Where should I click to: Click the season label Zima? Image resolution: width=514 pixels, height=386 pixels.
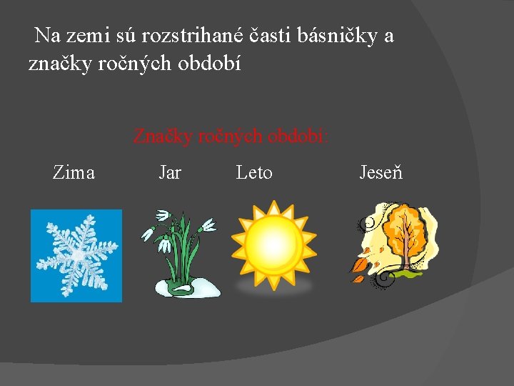[x=74, y=172]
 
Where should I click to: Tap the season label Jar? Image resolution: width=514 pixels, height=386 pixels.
[x=169, y=172]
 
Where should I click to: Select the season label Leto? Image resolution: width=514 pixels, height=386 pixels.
[x=254, y=172]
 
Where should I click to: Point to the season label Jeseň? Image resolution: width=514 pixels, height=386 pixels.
[x=381, y=172]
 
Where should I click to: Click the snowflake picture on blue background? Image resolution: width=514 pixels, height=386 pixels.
[x=76, y=255]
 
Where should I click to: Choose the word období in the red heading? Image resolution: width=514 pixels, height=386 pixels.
[x=297, y=135]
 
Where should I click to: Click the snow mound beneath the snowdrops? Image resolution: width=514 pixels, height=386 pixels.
[x=187, y=288]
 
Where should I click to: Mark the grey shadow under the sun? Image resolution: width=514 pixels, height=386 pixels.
[x=274, y=286]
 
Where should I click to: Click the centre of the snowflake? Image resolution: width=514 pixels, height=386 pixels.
[x=77, y=254]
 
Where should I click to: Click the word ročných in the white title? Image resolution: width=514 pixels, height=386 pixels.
[x=126, y=64]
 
